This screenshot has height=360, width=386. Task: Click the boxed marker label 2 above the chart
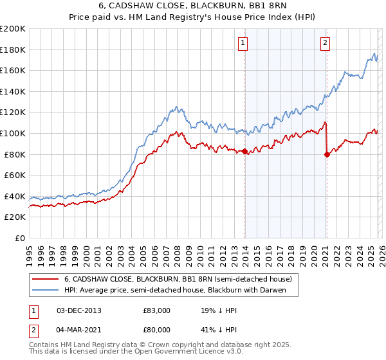coord(326,43)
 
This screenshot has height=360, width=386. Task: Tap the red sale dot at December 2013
coord(245,151)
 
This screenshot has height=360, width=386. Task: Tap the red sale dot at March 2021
coord(327,154)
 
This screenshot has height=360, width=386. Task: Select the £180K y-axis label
coord(14,50)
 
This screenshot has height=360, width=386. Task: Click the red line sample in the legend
coord(46,279)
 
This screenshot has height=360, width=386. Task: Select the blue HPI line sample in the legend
coord(46,290)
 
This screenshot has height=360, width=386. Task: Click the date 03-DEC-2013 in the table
coord(79,310)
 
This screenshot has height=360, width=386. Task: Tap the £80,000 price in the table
coord(157,331)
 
